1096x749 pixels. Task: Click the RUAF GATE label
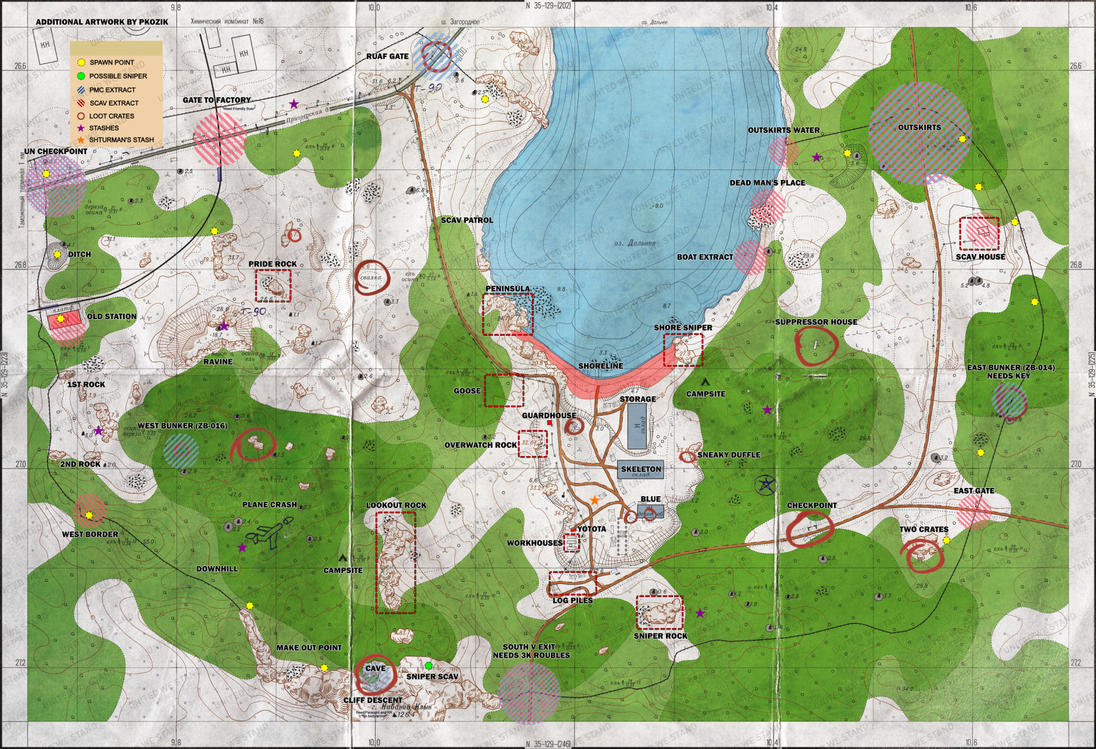[x=387, y=57]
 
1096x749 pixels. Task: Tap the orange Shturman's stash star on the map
[x=594, y=500]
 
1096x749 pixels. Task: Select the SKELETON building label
[x=640, y=469]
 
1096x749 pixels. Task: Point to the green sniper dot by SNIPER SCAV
[x=428, y=666]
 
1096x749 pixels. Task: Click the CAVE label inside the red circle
[x=375, y=669]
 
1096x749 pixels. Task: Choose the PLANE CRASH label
[x=269, y=505]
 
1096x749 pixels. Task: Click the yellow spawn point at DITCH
[x=57, y=255]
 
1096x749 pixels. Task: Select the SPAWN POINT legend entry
[x=111, y=62]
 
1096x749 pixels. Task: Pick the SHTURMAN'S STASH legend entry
[x=121, y=140]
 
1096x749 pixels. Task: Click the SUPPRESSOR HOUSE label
[x=816, y=322]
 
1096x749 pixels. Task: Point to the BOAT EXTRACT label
[x=704, y=257]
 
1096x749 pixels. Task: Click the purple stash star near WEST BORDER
[x=242, y=547]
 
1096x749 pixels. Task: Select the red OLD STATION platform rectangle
[x=64, y=321]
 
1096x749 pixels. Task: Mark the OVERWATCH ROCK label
[x=481, y=445]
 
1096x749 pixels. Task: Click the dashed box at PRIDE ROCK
[x=273, y=285]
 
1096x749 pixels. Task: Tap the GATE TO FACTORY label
[x=216, y=100]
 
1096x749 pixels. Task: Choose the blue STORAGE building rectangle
[x=637, y=426]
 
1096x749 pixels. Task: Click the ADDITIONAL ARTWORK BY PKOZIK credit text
[x=102, y=22]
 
